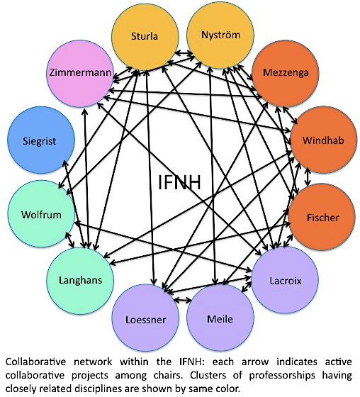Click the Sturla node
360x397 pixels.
[145, 36]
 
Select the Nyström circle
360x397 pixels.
[220, 35]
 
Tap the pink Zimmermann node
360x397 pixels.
[80, 73]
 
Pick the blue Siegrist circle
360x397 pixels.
[41, 140]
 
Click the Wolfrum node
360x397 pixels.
[41, 214]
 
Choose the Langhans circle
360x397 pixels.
[80, 281]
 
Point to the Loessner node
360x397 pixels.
[145, 318]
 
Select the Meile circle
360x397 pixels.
[220, 318]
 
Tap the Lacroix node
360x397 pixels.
[285, 280]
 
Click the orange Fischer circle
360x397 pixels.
[322, 217]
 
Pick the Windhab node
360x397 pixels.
[324, 140]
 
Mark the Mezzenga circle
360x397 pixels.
[286, 73]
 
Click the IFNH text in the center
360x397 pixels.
[180, 182]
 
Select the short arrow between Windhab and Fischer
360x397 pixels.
[308, 177]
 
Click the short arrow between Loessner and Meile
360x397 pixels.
[183, 300]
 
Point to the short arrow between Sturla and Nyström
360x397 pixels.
[184, 53]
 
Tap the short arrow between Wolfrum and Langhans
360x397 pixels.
[69, 240]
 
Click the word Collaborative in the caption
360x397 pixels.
[35, 362]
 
